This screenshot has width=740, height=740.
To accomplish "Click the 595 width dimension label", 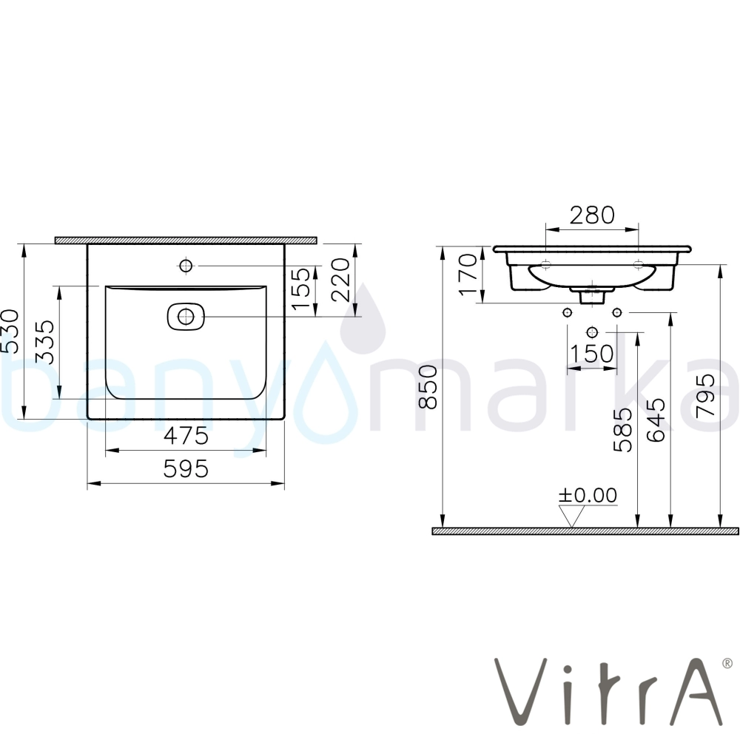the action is click(x=186, y=468).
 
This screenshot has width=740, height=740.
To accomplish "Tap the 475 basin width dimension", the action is click(x=186, y=435).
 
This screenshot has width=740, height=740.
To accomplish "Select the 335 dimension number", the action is click(x=45, y=342).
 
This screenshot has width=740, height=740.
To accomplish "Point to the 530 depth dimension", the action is click(x=10, y=332).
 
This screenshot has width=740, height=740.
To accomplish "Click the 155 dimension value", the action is click(x=301, y=289).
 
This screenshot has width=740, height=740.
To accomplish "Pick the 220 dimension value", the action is click(x=340, y=280).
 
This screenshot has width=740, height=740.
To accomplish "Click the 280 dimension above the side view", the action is click(x=592, y=215).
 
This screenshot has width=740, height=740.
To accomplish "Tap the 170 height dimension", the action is click(x=468, y=275).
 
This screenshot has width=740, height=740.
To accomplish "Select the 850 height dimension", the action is click(x=428, y=386).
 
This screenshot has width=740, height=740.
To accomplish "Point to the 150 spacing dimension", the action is click(x=592, y=354).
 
